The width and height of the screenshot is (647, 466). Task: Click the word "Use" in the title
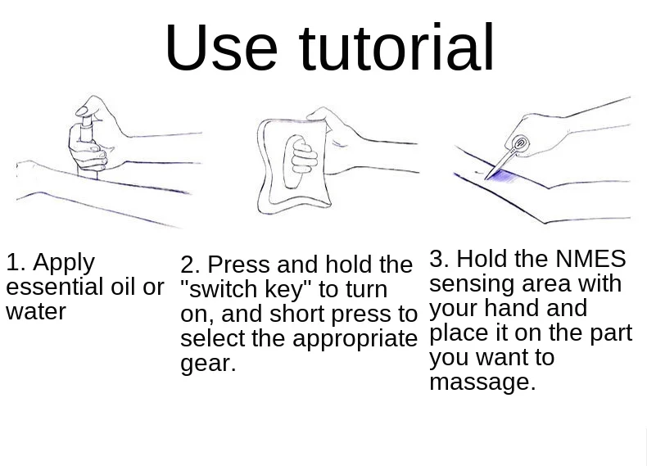click(x=221, y=47)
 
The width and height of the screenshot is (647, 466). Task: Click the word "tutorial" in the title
click(x=396, y=47)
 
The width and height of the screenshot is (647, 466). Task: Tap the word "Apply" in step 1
click(x=64, y=264)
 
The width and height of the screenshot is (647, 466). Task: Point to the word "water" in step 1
click(x=36, y=312)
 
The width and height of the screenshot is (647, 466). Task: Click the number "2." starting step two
click(x=190, y=265)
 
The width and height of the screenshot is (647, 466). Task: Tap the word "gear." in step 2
click(x=208, y=364)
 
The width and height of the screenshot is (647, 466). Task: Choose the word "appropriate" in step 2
click(x=355, y=340)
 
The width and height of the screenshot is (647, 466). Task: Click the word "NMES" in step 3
click(x=590, y=259)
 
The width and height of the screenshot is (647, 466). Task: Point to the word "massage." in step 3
click(x=482, y=382)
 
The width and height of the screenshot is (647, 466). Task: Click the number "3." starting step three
click(x=439, y=259)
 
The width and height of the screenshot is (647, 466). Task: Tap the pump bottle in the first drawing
click(x=88, y=147)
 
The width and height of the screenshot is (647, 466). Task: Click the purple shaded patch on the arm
click(x=500, y=176)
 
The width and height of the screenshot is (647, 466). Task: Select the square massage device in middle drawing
click(x=293, y=165)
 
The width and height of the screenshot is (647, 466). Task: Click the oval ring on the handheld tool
click(x=520, y=143)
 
